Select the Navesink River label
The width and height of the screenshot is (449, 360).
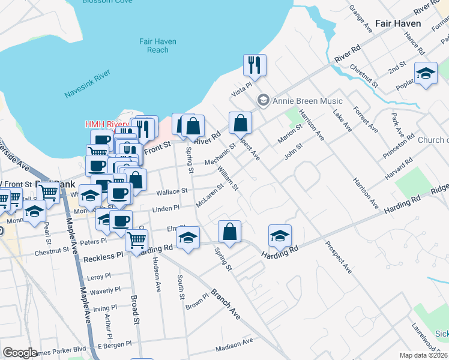pyautogui.click(x=87, y=84)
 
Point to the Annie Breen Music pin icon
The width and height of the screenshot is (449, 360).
pyautogui.click(x=262, y=100)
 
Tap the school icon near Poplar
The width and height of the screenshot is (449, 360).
pyautogui.click(x=426, y=74)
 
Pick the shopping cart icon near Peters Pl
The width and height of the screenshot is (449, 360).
pyautogui.click(x=137, y=239)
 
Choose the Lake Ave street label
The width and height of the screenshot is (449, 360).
pyautogui.click(x=346, y=119)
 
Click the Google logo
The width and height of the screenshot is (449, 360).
pyautogui.click(x=20, y=353)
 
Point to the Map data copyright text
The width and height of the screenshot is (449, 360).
pyautogui.click(x=424, y=355)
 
